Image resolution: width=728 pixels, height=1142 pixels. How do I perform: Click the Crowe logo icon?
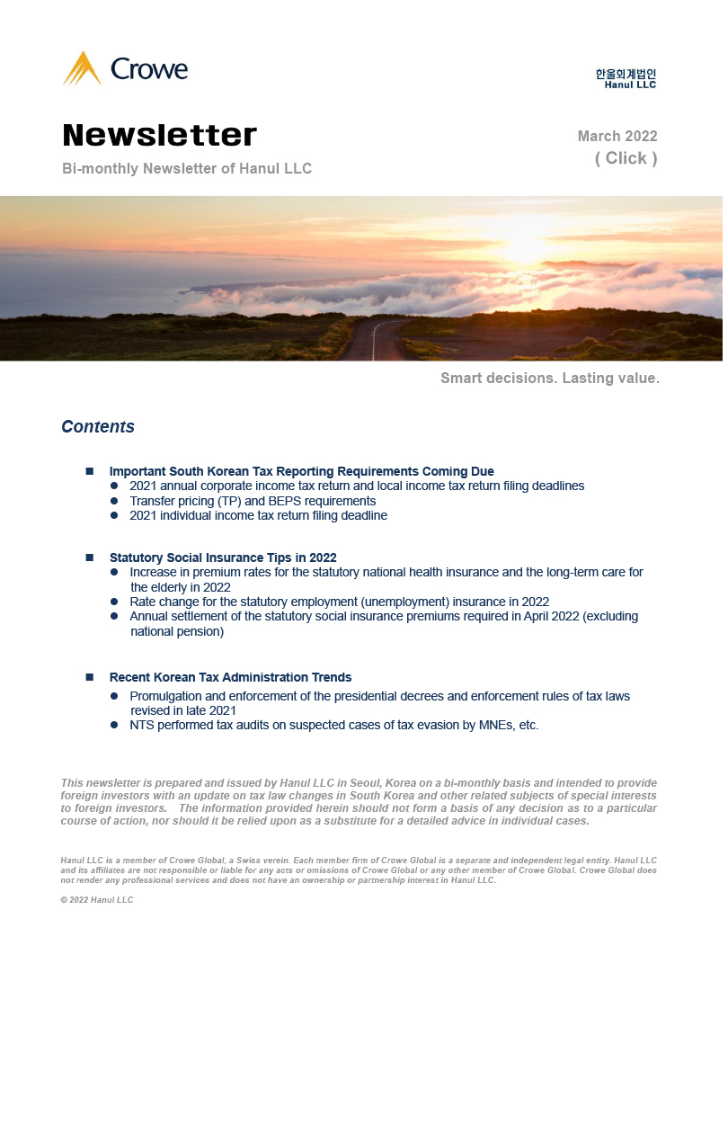point(83,69)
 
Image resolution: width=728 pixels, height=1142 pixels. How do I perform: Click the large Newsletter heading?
point(160,135)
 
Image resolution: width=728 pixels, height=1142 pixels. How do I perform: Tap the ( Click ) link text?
point(626,158)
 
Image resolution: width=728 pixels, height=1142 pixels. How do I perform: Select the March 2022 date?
point(617,137)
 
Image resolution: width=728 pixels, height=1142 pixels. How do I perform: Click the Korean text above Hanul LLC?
point(626,74)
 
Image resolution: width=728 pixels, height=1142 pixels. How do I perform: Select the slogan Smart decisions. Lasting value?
point(550,379)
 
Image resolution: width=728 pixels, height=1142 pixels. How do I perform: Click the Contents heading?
point(98,427)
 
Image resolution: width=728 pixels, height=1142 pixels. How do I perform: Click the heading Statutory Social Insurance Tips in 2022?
point(223,558)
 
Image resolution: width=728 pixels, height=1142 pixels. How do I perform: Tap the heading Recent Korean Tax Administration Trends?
point(230,677)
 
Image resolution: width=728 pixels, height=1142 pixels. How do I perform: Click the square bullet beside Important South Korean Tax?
point(90,471)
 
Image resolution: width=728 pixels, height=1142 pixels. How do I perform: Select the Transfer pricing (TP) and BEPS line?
point(253,501)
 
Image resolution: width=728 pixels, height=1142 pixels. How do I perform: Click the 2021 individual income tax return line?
point(258,516)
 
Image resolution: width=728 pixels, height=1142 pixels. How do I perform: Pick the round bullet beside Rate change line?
point(114,602)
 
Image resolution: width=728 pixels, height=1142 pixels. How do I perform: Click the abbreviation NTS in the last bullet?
point(143,725)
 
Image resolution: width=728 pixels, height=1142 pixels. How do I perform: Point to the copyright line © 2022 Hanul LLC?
point(97,900)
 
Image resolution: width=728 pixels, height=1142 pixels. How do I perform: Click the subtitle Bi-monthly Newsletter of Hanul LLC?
point(187,169)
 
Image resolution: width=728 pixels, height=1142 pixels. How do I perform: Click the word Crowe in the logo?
point(149,69)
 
